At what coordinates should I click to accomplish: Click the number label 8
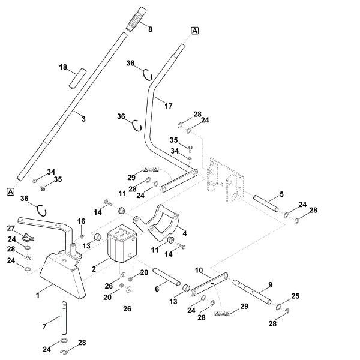point(150,29)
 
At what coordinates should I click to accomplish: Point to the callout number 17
point(168,106)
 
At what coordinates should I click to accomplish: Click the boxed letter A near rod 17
point(195,30)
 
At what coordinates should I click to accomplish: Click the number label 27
point(10,228)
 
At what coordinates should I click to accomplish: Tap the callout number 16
point(82,221)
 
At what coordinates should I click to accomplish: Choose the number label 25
point(295,296)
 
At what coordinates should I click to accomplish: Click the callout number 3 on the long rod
point(83,119)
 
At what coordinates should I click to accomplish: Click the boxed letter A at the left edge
point(10,191)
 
